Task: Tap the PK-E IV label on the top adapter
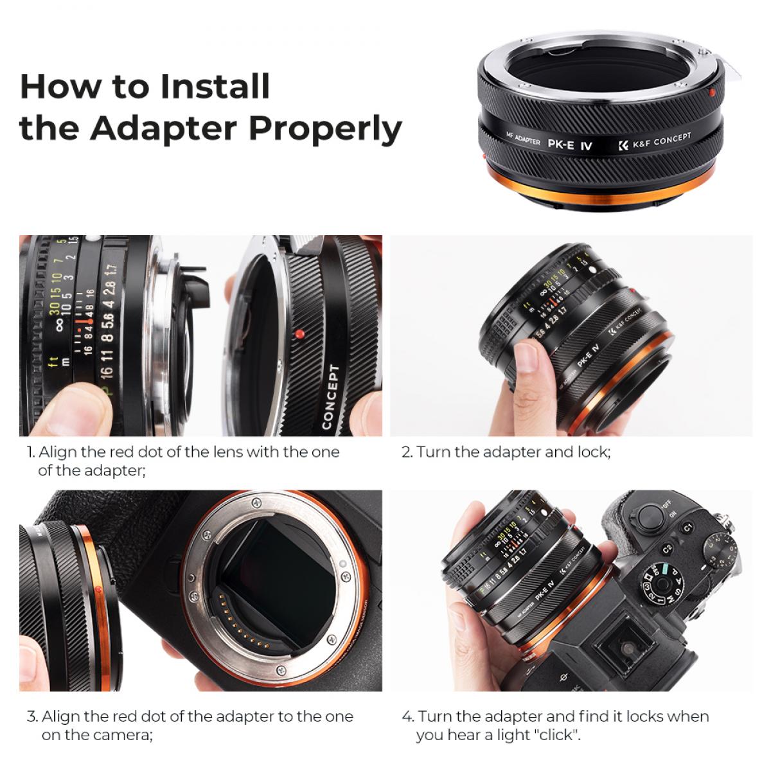click(574, 145)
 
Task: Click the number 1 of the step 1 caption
click(30, 452)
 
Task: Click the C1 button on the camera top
click(687, 527)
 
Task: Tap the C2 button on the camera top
click(667, 550)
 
